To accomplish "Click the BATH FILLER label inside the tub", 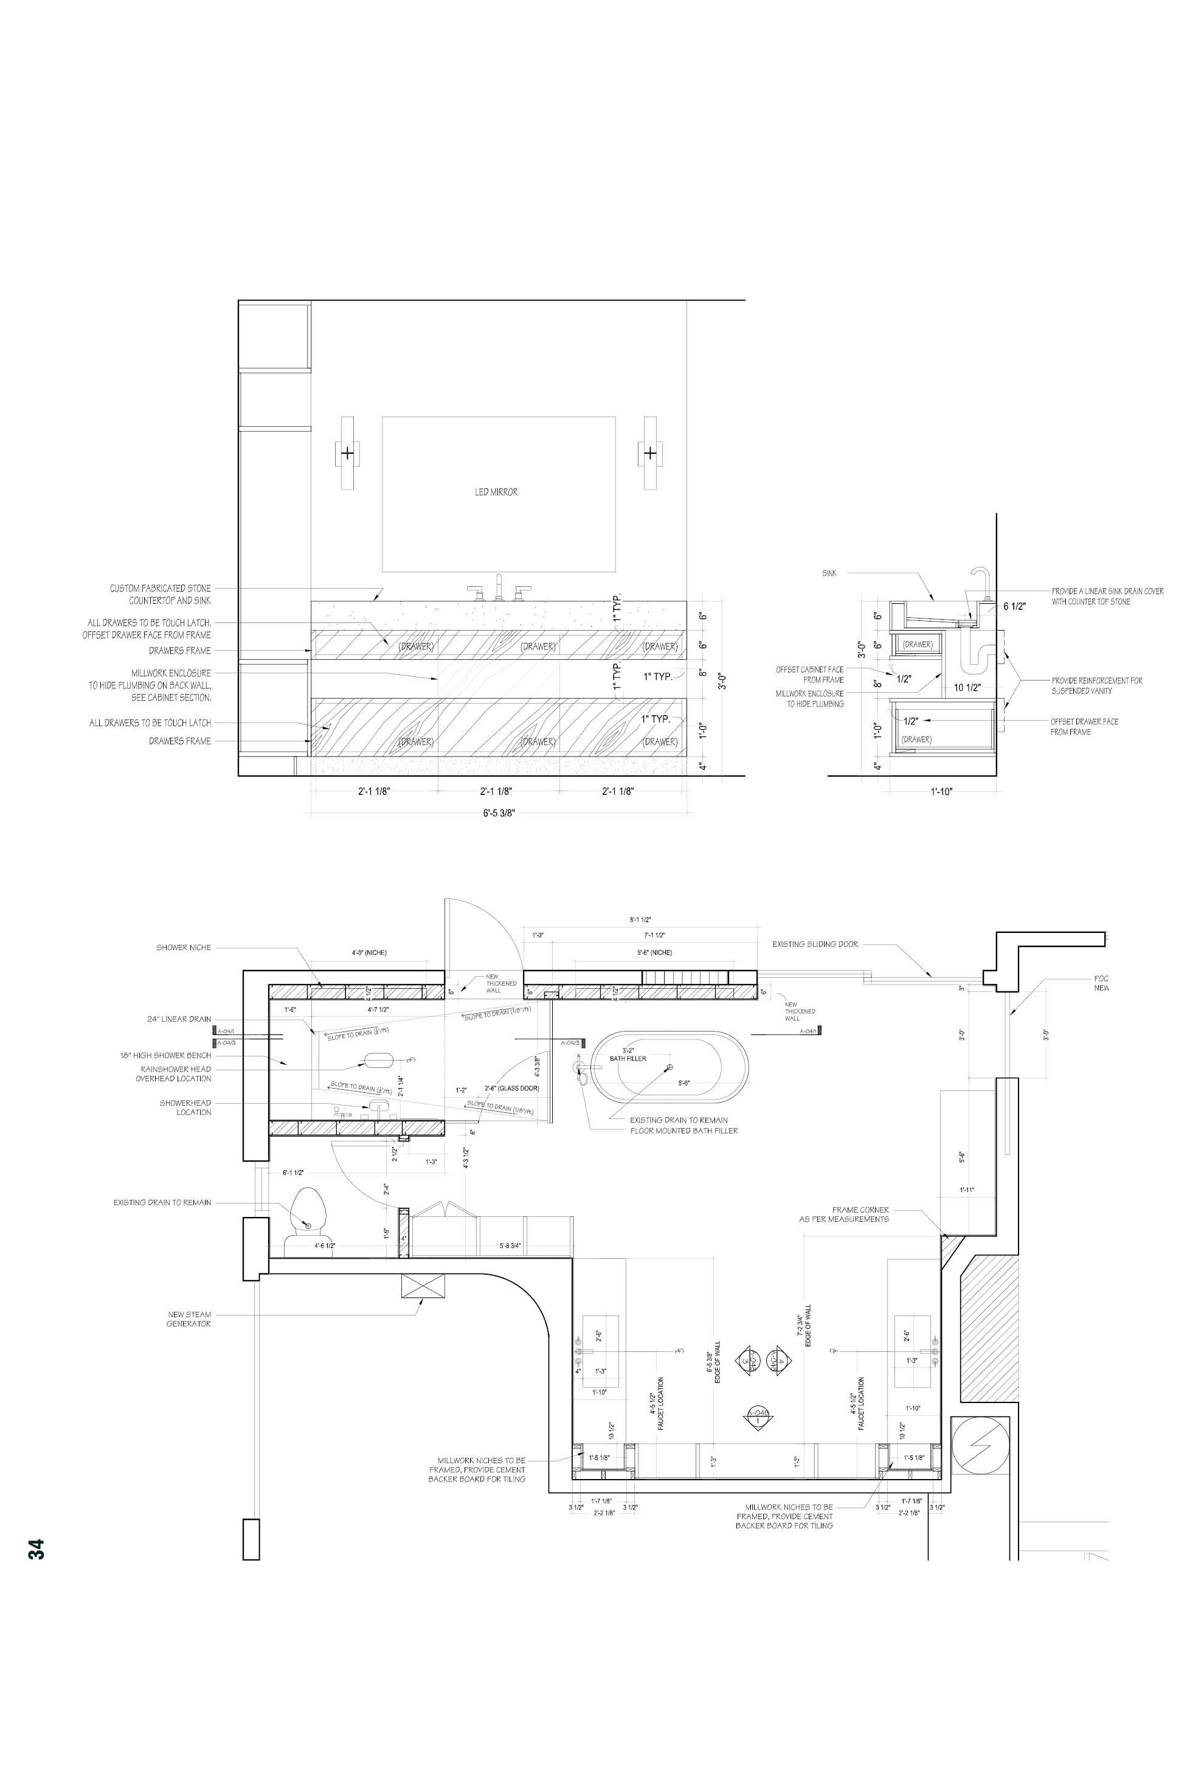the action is click(628, 1058).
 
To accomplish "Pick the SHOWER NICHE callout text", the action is click(184, 948).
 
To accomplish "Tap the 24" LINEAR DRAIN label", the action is click(179, 1019).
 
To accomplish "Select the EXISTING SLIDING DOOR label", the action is click(815, 944).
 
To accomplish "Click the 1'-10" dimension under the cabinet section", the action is click(941, 792).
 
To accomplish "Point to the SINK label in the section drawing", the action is click(829, 573).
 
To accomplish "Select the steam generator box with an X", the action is click(423, 1286).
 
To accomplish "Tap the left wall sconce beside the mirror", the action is click(348, 452).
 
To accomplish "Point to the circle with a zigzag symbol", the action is click(979, 1444).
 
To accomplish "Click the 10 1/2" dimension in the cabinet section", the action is click(967, 687).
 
